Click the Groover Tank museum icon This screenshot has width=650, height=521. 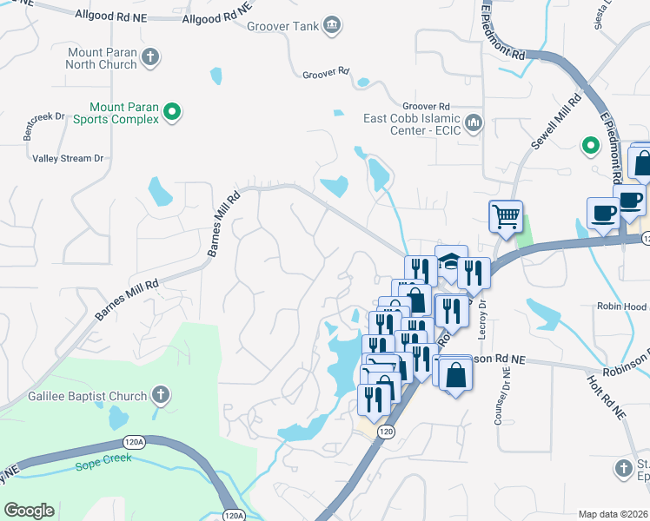coord(330,26)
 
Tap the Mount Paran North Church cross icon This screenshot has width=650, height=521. coord(150,58)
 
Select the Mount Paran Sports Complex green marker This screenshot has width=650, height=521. coord(172,111)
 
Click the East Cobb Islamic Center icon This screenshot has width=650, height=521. coord(474,123)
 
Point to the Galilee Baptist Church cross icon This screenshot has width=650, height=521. coord(160,396)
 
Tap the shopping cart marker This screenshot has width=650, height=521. coord(506,214)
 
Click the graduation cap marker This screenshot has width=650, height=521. coord(450,261)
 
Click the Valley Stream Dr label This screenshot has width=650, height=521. coord(68,158)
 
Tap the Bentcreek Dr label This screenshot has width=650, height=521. coord(45,116)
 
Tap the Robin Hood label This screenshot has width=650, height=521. coord(621,307)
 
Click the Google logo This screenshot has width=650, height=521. coord(29,511)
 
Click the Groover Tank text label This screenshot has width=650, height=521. coord(282,26)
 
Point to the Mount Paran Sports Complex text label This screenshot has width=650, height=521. coord(116,113)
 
